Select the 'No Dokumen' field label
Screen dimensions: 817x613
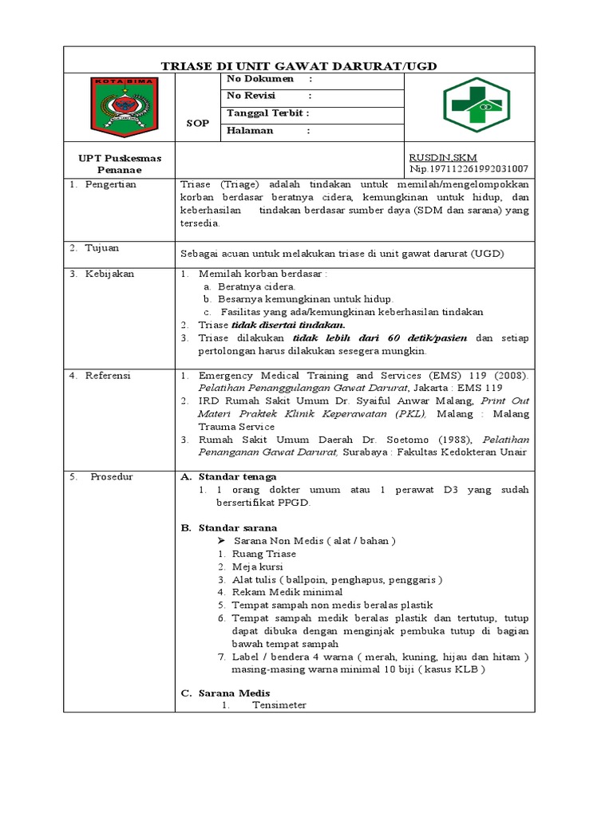click(x=260, y=80)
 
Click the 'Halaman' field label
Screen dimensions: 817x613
click(x=250, y=130)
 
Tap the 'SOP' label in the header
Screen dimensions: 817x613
click(x=197, y=124)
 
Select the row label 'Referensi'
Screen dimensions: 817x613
click(x=109, y=375)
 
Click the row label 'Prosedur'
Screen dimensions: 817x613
click(x=111, y=476)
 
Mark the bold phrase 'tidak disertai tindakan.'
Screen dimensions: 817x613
click(x=288, y=325)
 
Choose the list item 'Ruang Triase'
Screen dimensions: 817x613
click(x=263, y=554)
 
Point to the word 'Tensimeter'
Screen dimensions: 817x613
click(x=279, y=706)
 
